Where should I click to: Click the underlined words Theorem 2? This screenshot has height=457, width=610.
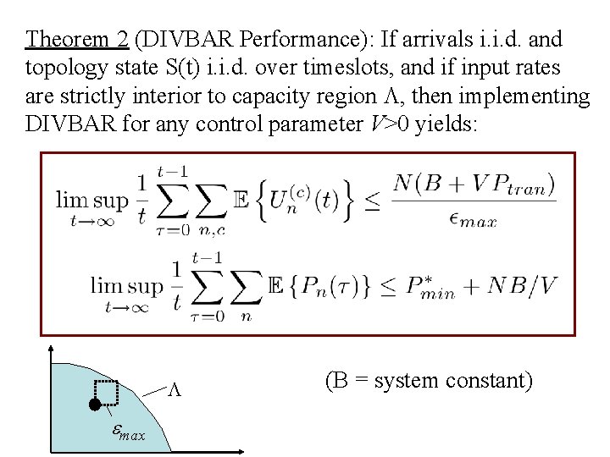[x=77, y=40]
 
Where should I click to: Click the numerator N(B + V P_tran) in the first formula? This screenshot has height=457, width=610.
[x=474, y=183]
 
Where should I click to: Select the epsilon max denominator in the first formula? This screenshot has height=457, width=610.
[x=474, y=220]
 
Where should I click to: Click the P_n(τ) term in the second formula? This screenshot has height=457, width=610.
[x=339, y=285]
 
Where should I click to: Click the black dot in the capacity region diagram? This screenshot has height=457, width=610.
[x=94, y=405]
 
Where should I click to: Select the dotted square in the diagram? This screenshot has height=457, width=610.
[x=106, y=394]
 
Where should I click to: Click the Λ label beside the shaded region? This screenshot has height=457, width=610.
[x=175, y=389]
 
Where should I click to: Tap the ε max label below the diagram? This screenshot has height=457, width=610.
[x=128, y=433]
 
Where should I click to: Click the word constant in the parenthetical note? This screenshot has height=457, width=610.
[x=487, y=381]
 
